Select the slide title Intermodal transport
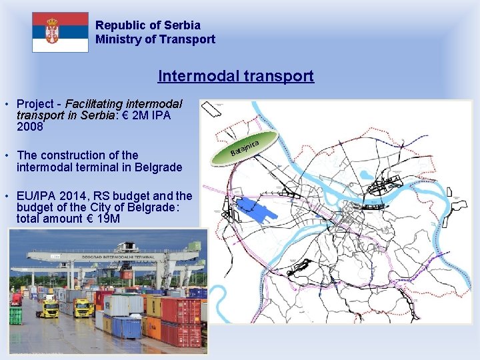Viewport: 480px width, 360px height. coord(235,75)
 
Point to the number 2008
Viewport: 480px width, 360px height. coord(30,126)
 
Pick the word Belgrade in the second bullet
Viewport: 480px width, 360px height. coord(158,167)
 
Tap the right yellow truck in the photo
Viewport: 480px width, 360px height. coord(83,308)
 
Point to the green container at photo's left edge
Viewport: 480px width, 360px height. coord(15,315)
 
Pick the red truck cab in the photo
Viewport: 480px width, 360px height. coord(16,299)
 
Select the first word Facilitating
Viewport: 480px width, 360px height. coord(89,103)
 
